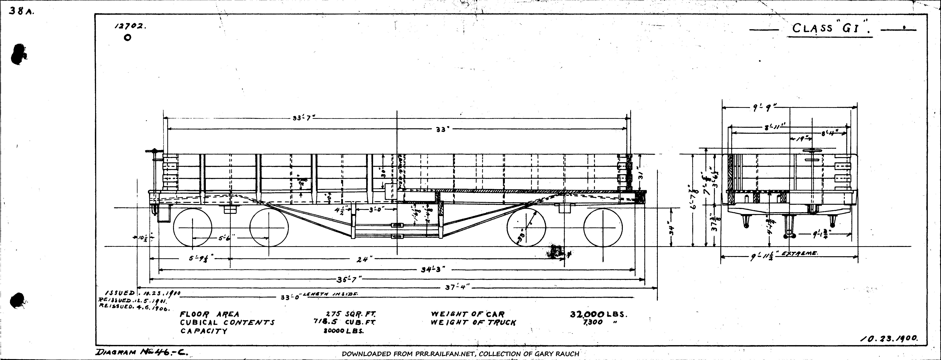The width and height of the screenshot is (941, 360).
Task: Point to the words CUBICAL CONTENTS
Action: [227, 322]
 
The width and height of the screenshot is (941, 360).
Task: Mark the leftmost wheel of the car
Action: [193, 227]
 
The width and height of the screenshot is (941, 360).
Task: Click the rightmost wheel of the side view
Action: [603, 227]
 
